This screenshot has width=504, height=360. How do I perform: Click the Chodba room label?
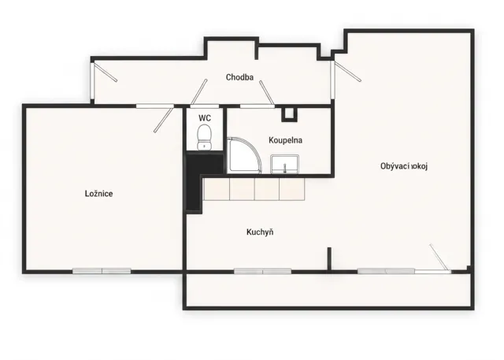click(x=239, y=77)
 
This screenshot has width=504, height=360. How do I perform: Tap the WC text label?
click(x=205, y=118)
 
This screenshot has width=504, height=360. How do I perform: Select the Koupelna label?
click(x=285, y=140)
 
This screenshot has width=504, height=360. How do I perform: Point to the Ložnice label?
click(x=98, y=194)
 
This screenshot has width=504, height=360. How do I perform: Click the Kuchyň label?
click(x=260, y=232)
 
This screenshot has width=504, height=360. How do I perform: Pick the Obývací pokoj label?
click(x=404, y=166)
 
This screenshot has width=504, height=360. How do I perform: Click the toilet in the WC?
click(x=204, y=137)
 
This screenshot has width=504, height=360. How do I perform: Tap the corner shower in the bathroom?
click(x=245, y=155)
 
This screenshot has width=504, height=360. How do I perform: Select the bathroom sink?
click(x=285, y=164)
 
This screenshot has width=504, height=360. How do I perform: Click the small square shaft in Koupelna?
click(x=289, y=115)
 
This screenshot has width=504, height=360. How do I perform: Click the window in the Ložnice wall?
click(x=102, y=271)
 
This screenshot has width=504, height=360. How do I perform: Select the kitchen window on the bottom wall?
click(x=262, y=271)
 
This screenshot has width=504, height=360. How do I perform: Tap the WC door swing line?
click(x=199, y=92)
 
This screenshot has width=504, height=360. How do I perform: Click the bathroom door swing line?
click(x=267, y=93)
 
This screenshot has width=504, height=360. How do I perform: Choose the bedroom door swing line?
click(x=164, y=119)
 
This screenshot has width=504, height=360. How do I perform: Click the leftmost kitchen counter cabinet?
click(x=217, y=189)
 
